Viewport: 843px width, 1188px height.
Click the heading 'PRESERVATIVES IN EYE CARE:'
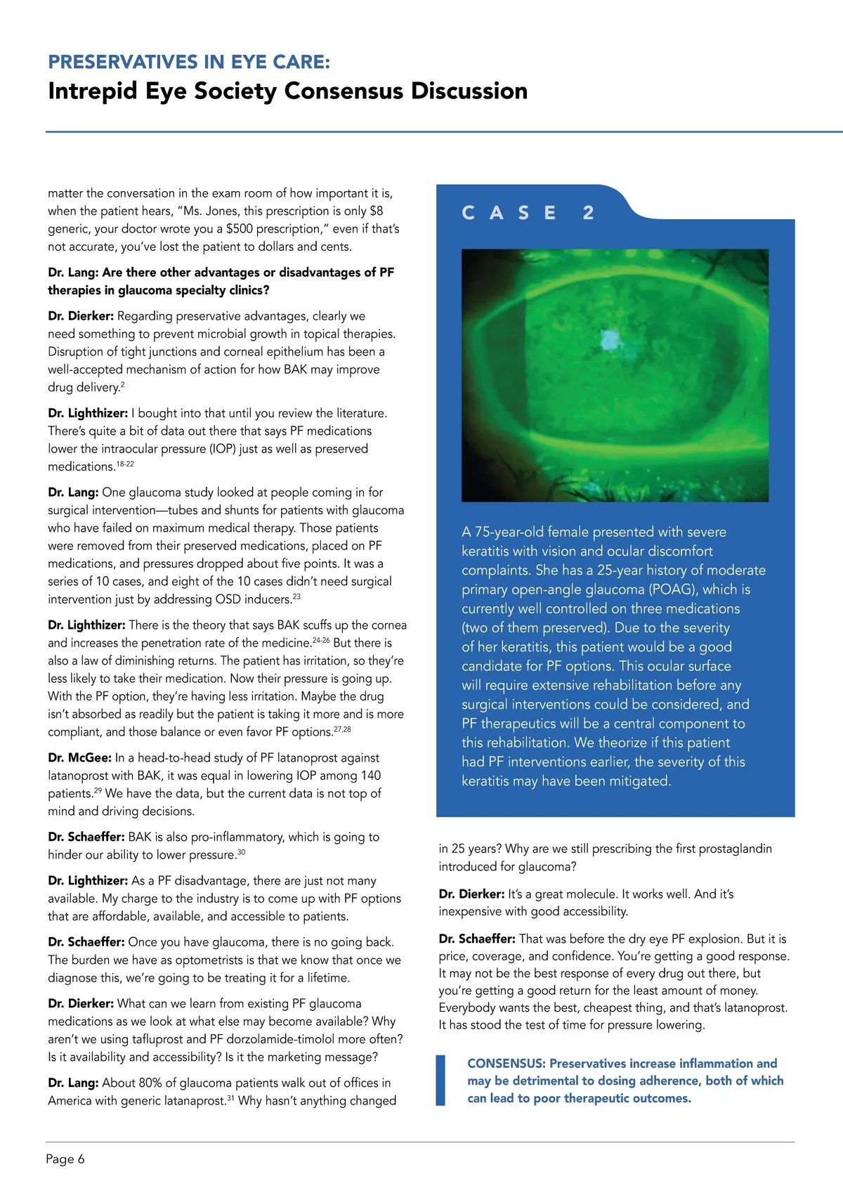[x=188, y=62]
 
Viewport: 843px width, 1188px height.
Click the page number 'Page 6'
[x=65, y=1158]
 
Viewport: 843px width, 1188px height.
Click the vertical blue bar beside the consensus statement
[x=440, y=1081]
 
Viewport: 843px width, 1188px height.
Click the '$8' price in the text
[x=376, y=211]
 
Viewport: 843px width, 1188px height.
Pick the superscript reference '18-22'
[x=125, y=464]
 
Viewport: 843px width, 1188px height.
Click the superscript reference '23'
[x=296, y=596]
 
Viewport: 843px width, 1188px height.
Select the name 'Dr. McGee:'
[x=79, y=758]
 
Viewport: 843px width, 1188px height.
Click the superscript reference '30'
[x=241, y=852]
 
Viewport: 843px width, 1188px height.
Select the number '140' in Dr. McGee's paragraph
[x=370, y=776]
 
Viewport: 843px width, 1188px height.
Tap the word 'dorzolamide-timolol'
[x=295, y=1039]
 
